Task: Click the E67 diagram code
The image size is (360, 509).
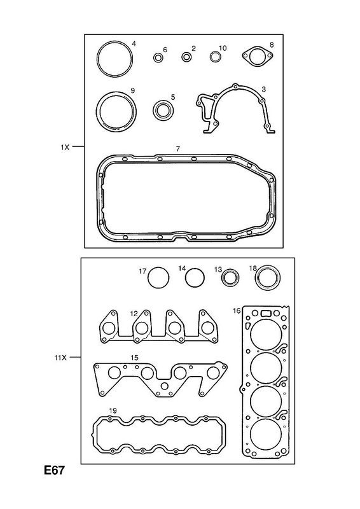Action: coord(55,470)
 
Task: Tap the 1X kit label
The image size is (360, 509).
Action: coord(65,147)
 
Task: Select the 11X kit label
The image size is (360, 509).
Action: coord(60,358)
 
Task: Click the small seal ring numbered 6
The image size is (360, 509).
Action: coord(158,58)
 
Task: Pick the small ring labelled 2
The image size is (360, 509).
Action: coord(186,57)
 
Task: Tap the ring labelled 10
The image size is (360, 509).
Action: coord(214,57)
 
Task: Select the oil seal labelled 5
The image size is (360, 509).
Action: coord(163,110)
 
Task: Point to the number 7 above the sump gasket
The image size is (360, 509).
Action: coord(178,149)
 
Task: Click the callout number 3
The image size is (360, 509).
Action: coord(263,89)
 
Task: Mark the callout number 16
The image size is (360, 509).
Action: coord(237,311)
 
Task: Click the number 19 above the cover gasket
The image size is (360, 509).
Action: coord(113,410)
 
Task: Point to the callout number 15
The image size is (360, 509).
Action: coord(134,358)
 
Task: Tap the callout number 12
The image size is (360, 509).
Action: coord(134,314)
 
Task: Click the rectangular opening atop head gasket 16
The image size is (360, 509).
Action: coord(266,313)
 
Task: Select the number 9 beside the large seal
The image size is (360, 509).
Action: coord(132,90)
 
